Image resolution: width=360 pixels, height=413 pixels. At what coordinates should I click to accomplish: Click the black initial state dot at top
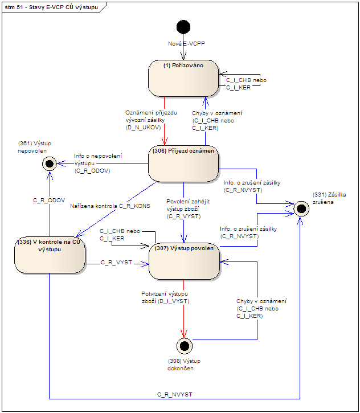pyautogui.click(x=183, y=27)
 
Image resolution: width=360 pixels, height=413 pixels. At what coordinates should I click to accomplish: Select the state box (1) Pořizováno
pyautogui.click(x=183, y=79)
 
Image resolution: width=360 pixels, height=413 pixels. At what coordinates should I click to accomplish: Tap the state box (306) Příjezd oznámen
pyautogui.click(x=183, y=164)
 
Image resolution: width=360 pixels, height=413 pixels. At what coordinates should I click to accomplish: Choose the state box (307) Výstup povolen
pyautogui.click(x=183, y=261)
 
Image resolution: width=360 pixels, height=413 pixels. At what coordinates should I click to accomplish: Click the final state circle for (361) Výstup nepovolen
pyautogui.click(x=50, y=164)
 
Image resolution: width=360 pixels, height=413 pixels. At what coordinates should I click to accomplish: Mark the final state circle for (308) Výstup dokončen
pyautogui.click(x=183, y=345)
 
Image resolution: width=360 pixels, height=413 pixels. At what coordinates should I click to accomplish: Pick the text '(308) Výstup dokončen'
pyautogui.click(x=184, y=365)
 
